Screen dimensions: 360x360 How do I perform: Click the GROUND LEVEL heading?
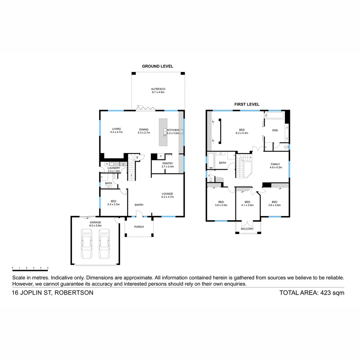point(158,66)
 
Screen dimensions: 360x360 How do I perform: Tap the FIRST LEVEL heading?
point(247,104)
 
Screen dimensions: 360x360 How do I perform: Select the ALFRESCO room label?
point(158,89)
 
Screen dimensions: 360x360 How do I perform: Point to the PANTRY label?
point(168,163)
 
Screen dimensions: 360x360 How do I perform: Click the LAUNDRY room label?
point(114,168)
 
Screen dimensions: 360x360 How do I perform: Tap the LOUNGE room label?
point(168,194)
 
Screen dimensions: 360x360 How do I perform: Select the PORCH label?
point(139,227)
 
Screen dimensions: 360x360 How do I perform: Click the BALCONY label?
point(247,229)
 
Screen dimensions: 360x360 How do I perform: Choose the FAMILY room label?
point(275,164)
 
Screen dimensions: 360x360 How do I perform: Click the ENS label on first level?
point(275,130)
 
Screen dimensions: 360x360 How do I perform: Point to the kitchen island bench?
point(163,132)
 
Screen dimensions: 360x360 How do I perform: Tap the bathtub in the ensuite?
point(274,116)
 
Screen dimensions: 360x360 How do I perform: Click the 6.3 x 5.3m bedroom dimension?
point(242,133)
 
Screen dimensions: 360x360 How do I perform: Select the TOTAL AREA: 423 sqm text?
point(312,293)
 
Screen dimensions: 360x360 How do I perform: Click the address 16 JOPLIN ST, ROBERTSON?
point(53,293)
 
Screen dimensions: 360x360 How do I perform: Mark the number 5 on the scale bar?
point(48,268)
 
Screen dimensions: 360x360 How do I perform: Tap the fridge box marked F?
point(161,156)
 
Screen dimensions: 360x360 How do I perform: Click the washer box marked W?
point(107,164)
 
